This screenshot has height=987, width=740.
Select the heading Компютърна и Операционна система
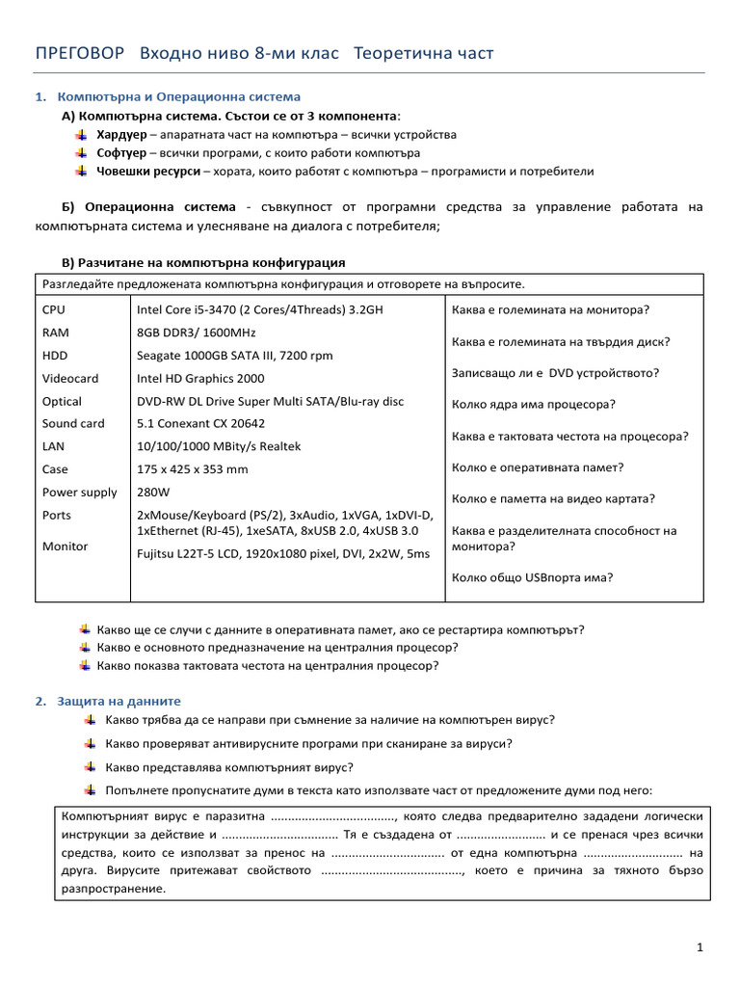click(x=179, y=97)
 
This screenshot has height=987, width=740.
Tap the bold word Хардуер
click(x=120, y=134)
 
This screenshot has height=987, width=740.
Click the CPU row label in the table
click(x=55, y=309)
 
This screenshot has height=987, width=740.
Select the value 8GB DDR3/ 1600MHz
click(x=197, y=333)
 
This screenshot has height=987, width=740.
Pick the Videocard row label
click(x=70, y=378)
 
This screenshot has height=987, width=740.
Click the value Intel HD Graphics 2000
click(x=200, y=378)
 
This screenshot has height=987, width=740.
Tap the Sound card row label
click(x=73, y=423)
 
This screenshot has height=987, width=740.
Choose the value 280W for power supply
click(x=153, y=492)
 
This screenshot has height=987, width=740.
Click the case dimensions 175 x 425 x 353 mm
click(x=192, y=469)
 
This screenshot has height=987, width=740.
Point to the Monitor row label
click(x=65, y=547)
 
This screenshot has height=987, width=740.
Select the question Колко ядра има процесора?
click(x=533, y=404)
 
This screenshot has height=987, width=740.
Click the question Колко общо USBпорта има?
click(x=532, y=577)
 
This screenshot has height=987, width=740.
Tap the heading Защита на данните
click(x=119, y=701)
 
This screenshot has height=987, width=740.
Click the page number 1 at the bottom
click(x=700, y=948)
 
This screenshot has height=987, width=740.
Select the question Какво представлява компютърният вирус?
click(x=225, y=767)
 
